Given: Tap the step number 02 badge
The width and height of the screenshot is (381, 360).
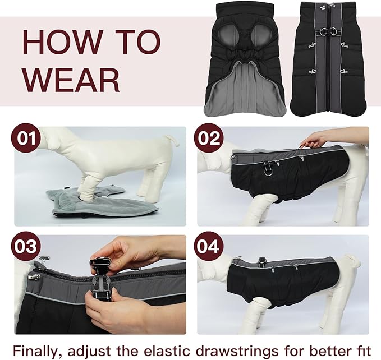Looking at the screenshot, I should (209, 139).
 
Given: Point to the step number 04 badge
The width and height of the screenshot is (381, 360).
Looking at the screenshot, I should (209, 247).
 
